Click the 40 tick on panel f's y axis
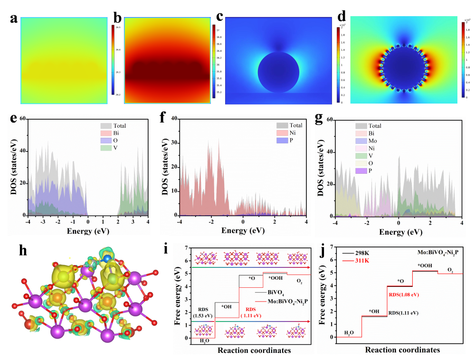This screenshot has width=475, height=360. point(173,118)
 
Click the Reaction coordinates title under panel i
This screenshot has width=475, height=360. point(254,351)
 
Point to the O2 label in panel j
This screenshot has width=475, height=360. point(450,269)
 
